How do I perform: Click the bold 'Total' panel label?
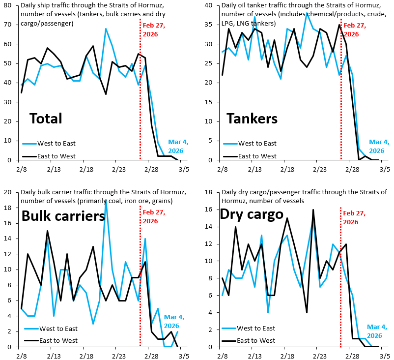pyautogui.click(x=46, y=119)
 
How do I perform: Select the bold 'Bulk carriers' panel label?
pyautogui.click(x=63, y=216)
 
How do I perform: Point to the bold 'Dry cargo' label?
pyautogui.click(x=252, y=214)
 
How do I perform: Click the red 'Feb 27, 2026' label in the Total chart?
pyautogui.click(x=153, y=30)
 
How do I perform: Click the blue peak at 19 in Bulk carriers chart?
pyautogui.click(x=106, y=200)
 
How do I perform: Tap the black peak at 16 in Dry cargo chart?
pyautogui.click(x=313, y=210)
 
